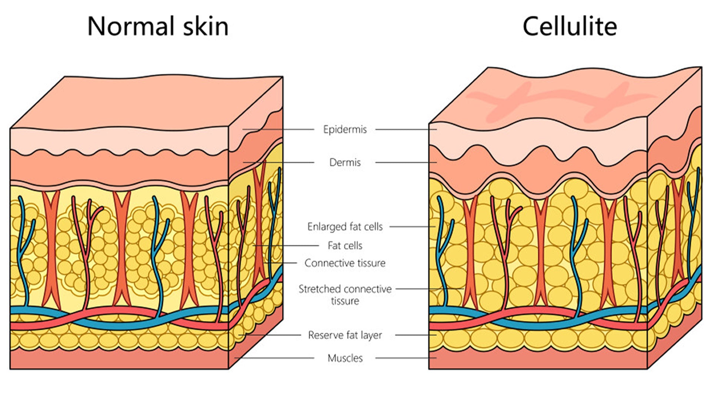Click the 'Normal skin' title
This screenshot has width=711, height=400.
pos(158,27)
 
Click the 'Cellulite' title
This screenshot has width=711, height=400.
pos(570,27)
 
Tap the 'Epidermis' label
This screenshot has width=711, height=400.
pos(345,129)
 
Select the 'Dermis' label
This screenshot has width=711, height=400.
pos(345,162)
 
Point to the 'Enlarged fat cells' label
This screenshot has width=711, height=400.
pos(345,226)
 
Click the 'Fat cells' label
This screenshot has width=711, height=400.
pos(345,245)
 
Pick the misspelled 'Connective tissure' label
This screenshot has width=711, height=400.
pos(345,263)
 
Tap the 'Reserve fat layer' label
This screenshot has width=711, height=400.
pos(345,335)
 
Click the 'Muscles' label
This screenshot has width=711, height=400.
pos(345,358)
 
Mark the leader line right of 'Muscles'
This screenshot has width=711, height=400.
pos(405,358)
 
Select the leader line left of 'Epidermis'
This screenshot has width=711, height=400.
pos(278,129)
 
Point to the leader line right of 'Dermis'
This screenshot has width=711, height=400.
pos(405,162)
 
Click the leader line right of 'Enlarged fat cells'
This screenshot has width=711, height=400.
pos(412,226)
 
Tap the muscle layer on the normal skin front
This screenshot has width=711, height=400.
pos(118,359)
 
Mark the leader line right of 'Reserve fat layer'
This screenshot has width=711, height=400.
pos(415,335)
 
